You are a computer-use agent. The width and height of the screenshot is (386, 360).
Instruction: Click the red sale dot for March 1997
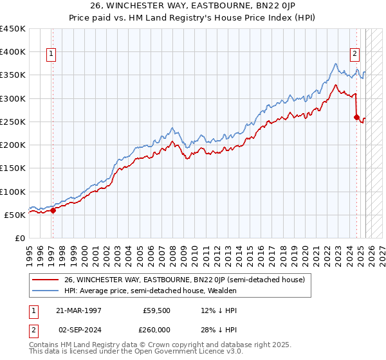point(53,210)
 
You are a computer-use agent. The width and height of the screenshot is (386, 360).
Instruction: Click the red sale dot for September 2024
point(356,117)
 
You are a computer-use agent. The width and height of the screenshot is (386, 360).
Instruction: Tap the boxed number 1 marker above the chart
point(51,55)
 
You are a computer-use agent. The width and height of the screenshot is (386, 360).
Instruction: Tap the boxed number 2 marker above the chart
point(354,55)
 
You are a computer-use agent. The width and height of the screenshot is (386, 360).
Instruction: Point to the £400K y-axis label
point(13,52)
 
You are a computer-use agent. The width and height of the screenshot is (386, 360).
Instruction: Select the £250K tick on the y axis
point(13,122)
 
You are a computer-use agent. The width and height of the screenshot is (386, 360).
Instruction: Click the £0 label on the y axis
point(20,238)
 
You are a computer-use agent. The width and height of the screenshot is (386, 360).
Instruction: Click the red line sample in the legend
point(46,280)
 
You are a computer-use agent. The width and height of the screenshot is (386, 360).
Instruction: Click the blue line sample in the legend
point(46,291)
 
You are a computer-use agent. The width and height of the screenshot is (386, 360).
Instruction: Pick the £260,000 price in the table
point(157,329)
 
